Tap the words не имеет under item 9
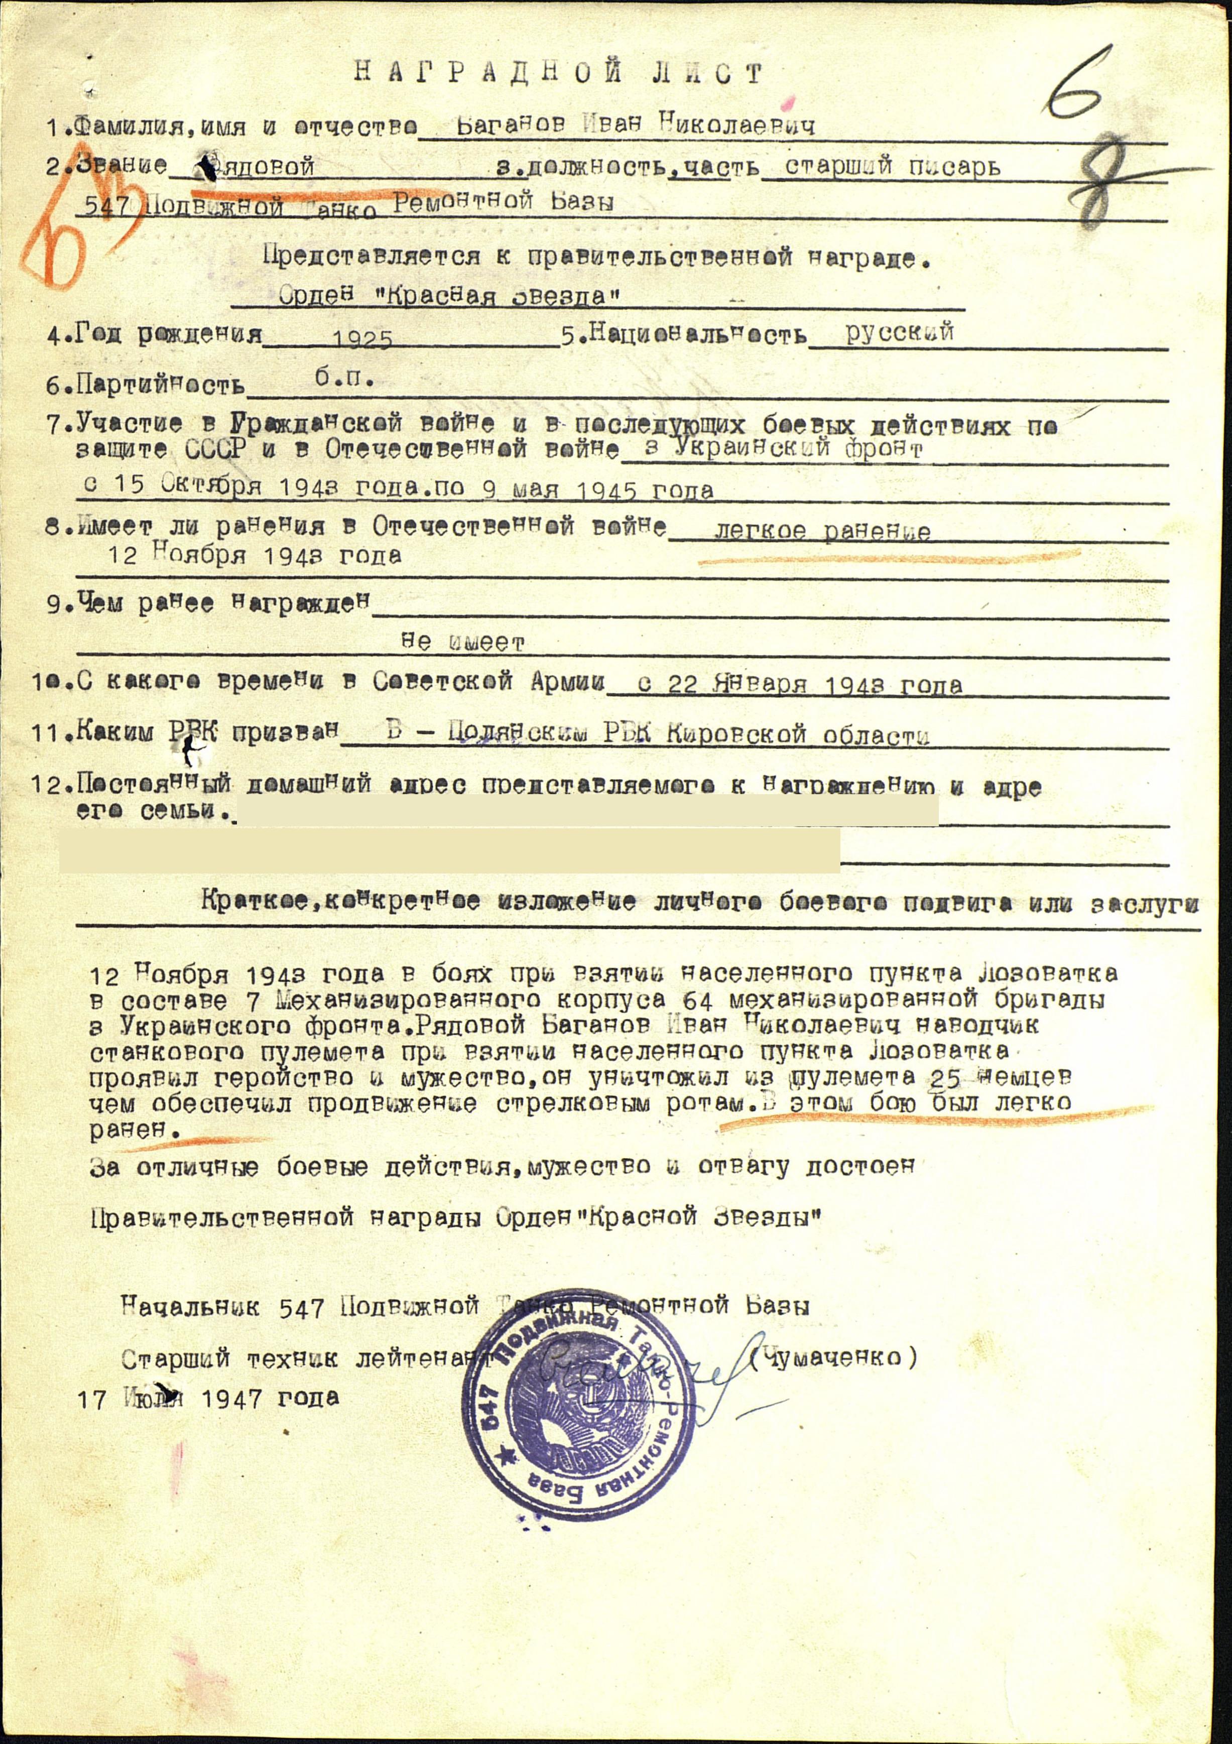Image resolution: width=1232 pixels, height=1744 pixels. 462,644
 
